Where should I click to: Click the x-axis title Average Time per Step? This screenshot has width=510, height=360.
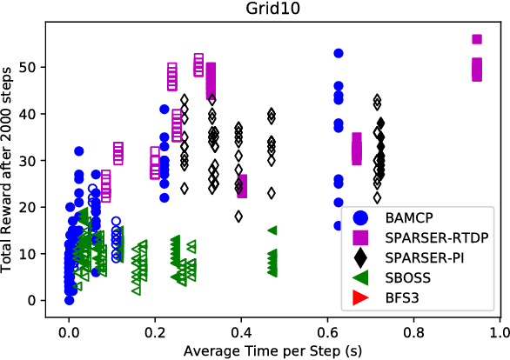(273, 351)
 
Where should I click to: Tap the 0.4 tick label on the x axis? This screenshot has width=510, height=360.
(241, 333)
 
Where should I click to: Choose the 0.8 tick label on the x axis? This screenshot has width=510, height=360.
(413, 333)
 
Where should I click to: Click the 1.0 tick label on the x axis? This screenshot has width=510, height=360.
(499, 333)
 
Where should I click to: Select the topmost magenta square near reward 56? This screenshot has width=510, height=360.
(477, 39)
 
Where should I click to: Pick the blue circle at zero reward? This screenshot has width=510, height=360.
(70, 300)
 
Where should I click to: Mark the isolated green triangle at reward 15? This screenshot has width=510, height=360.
(272, 230)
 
